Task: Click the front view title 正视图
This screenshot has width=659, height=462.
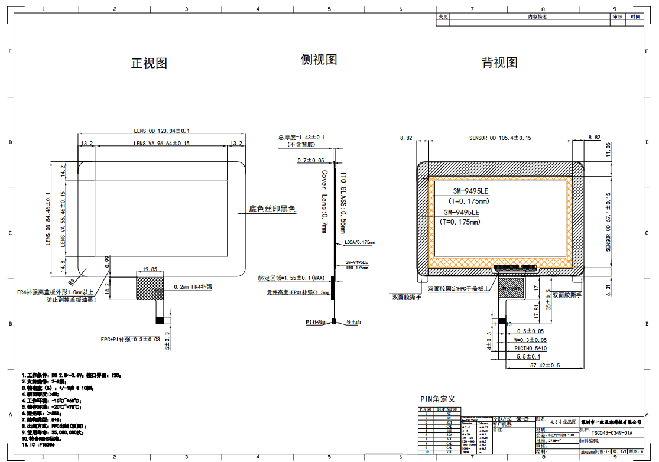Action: coord(149,63)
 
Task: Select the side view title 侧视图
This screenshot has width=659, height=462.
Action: coord(319,60)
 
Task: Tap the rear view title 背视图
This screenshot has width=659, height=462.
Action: coord(499,63)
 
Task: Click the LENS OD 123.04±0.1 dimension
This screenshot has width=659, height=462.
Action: coord(161,131)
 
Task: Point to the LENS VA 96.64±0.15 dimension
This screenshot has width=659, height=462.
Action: coord(161,143)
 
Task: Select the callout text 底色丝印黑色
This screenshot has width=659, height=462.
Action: coord(271,209)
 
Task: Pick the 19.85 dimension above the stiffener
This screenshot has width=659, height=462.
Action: coord(150,269)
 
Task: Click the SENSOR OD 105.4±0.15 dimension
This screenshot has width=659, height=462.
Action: coord(500,138)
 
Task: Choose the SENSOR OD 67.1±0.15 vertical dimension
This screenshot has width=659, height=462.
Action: coord(608,222)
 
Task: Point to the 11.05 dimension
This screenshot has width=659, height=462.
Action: coord(608,151)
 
